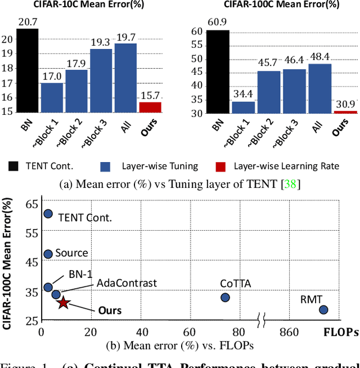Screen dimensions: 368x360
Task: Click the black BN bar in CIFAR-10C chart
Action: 28,71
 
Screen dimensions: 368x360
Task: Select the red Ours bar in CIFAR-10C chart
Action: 150,107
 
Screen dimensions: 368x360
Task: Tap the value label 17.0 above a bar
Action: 52,75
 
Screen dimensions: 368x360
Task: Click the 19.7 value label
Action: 125,37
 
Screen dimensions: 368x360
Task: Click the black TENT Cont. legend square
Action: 13,166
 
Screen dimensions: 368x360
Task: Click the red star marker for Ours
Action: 63,303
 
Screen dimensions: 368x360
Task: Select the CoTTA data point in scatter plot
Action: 225,297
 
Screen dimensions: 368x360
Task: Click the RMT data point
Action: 323,309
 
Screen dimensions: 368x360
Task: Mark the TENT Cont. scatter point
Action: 48,214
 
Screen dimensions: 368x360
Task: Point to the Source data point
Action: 48,254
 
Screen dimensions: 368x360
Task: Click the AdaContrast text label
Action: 127,283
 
